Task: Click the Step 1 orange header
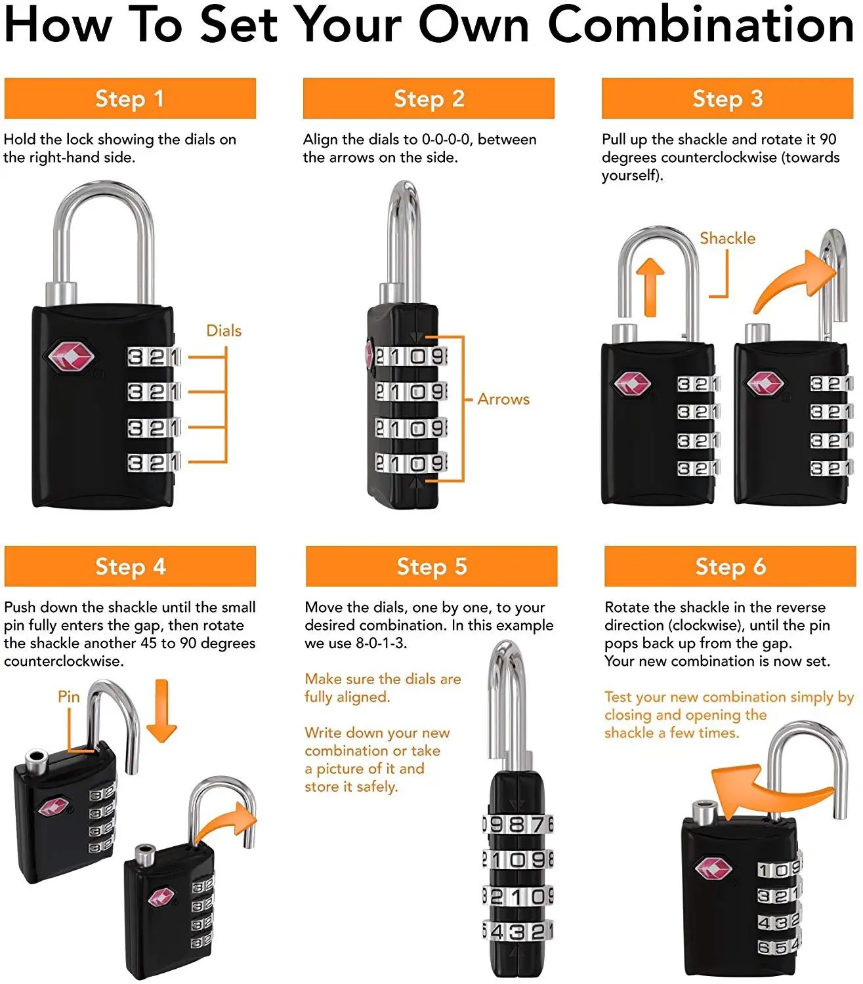[130, 98]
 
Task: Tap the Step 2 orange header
[429, 98]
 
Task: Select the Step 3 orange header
[727, 98]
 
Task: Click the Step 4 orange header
[130, 566]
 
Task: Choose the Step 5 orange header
[431, 566]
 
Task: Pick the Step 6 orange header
[730, 566]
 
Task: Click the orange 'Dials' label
[224, 331]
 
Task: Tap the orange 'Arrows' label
[503, 399]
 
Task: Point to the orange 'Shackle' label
[727, 238]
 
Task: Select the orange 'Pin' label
[68, 696]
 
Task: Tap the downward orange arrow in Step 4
[161, 712]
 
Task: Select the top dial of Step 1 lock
[154, 357]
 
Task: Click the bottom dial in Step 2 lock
[411, 463]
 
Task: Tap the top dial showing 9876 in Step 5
[518, 824]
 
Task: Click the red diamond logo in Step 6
[713, 869]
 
